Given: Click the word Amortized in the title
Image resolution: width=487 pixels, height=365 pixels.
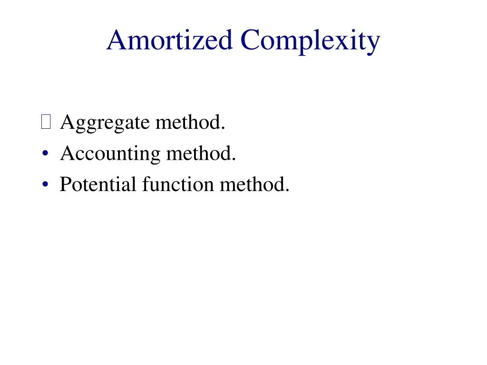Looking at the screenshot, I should pyautogui.click(x=169, y=40).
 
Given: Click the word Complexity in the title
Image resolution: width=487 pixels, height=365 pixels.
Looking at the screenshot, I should pyautogui.click(x=310, y=40).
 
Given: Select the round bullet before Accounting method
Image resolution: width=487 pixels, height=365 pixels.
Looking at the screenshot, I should pyautogui.click(x=45, y=154).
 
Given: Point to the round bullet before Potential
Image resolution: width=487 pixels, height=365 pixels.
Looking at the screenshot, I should pyautogui.click(x=45, y=184).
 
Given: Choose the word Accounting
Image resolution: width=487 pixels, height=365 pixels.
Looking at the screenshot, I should pyautogui.click(x=110, y=154).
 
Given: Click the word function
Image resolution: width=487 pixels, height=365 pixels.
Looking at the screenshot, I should pyautogui.click(x=178, y=184).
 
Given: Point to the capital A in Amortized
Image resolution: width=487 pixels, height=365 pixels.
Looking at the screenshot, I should pyautogui.click(x=117, y=40).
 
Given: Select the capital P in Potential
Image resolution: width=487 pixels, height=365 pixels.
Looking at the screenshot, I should pyautogui.click(x=65, y=184).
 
